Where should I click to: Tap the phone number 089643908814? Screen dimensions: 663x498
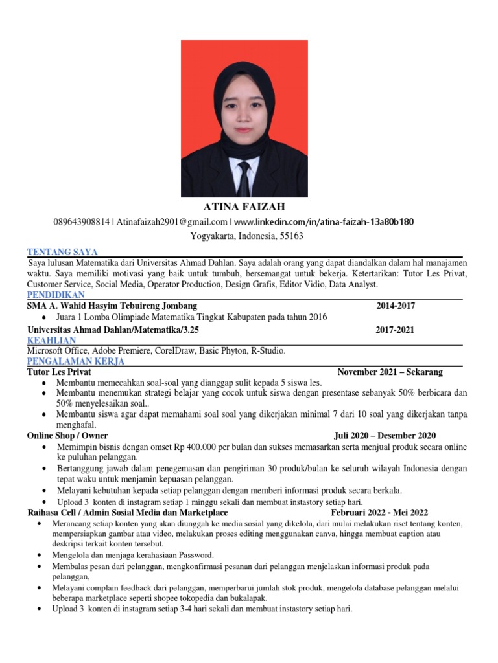point(82,222)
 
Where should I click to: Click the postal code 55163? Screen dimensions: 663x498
point(291,236)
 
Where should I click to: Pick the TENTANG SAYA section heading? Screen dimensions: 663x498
point(62,252)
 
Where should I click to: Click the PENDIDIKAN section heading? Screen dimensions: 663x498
point(57,295)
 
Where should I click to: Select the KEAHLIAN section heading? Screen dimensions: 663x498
point(52,339)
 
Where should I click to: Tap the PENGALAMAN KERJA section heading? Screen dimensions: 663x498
point(76,361)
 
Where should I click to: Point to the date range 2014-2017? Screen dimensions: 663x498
point(396,306)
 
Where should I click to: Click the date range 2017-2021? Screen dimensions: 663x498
point(396,330)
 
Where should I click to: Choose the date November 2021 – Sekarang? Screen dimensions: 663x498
point(390,372)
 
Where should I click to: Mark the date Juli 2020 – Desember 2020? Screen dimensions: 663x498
point(385,436)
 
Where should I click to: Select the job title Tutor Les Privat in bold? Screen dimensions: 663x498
point(59,372)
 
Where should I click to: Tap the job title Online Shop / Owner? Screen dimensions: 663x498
point(67,436)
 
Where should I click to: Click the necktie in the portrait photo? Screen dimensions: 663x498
point(244,177)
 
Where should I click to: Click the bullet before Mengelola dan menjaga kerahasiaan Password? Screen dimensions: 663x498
point(41,556)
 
